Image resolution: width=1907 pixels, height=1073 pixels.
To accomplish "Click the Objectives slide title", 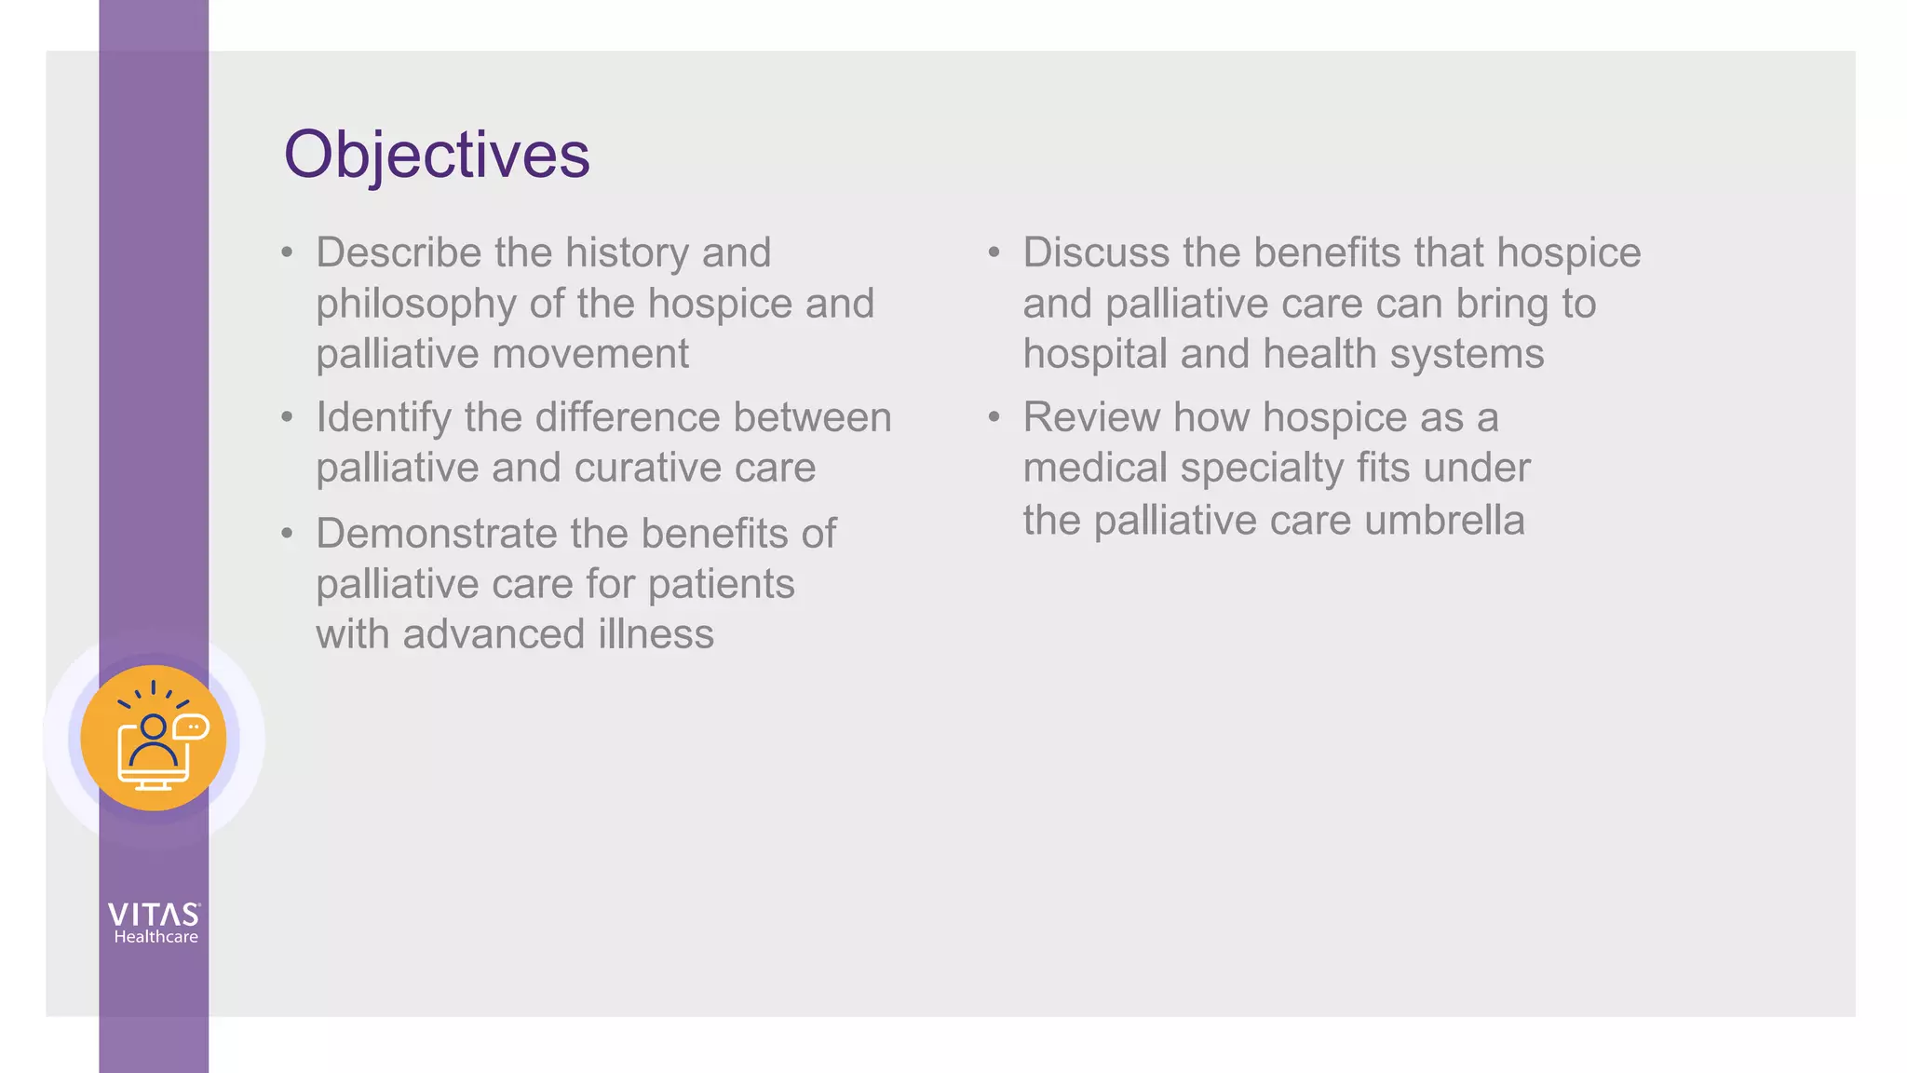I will pos(436,155).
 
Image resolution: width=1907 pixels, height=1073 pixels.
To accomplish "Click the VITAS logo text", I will pos(154,915).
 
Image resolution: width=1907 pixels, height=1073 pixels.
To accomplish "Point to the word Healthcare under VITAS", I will pos(156,937).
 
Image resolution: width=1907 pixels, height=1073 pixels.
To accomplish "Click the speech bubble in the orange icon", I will pos(192,727).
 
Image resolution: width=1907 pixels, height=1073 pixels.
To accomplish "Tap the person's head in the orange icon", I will pos(153,727).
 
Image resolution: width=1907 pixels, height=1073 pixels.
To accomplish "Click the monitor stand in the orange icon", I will pos(154,785).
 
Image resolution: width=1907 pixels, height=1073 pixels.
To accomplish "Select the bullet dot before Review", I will pos(994,417).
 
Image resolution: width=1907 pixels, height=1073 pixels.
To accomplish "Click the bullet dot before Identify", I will pos(287,417).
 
